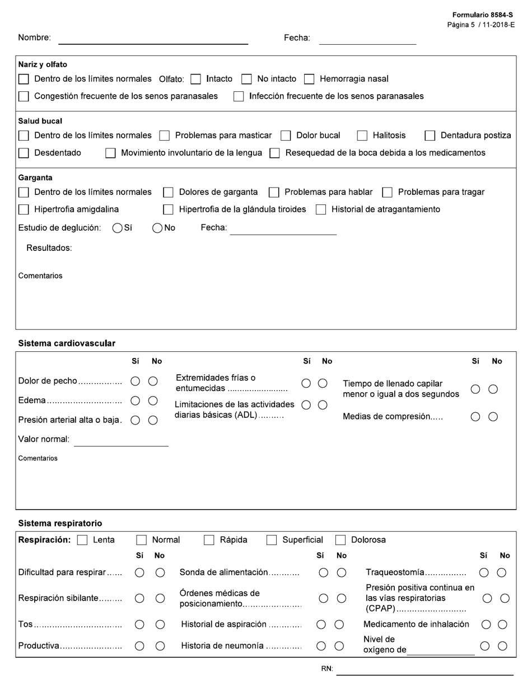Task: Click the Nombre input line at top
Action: click(x=153, y=39)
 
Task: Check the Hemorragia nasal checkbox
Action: click(x=309, y=80)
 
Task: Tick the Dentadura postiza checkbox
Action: click(x=430, y=136)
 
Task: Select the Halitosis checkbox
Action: click(x=362, y=136)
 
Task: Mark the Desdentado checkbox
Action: click(x=24, y=153)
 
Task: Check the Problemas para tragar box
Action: click(x=388, y=193)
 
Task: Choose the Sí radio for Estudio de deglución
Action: click(x=118, y=228)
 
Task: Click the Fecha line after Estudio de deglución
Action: click(x=283, y=229)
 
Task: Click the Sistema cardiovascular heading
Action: click(x=67, y=343)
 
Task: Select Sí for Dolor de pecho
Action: click(x=135, y=381)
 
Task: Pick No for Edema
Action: click(x=153, y=401)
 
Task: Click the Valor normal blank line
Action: click(x=121, y=440)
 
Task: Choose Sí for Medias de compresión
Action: click(x=475, y=417)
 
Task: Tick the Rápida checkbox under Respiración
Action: click(x=209, y=541)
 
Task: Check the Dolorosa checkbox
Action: click(x=340, y=541)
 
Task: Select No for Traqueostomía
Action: click(x=502, y=572)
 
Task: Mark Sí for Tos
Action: click(x=140, y=625)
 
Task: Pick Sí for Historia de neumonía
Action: click(x=321, y=646)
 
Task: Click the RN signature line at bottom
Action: click(x=424, y=669)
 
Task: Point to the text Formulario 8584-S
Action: click(x=483, y=15)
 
